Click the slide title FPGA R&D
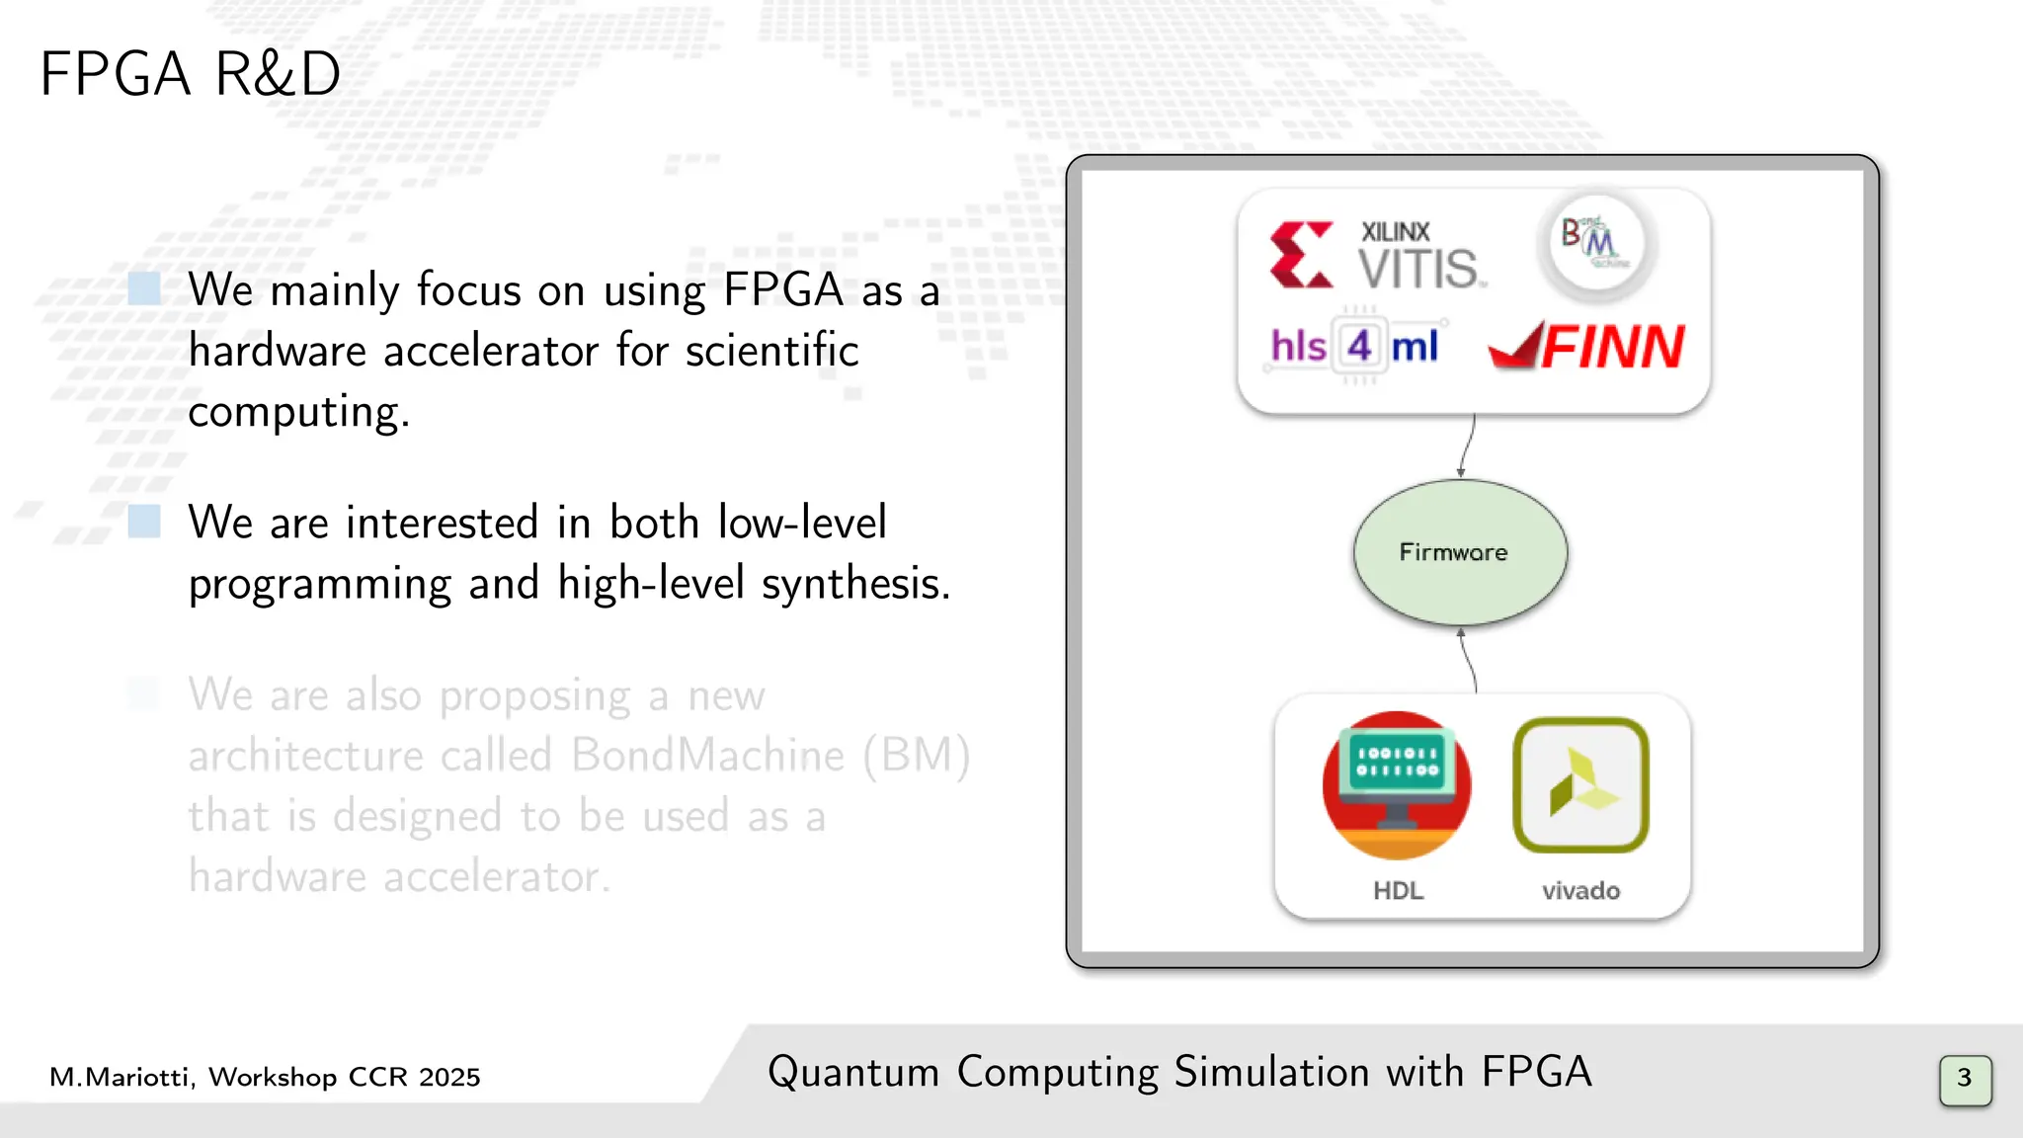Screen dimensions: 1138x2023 [x=190, y=74]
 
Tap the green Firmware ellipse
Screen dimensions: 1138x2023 [x=1459, y=552]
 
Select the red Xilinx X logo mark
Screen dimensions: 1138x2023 [x=1301, y=255]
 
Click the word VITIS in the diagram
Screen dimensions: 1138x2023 [x=1420, y=269]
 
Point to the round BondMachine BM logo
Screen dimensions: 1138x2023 [x=1595, y=242]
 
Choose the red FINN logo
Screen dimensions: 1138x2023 [x=1587, y=347]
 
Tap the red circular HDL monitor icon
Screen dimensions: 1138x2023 [x=1397, y=785]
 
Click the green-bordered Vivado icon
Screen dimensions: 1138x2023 [x=1580, y=785]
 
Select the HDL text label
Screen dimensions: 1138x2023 [x=1398, y=891]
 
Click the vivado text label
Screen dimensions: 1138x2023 [x=1580, y=891]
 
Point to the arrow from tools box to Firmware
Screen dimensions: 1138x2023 [x=1468, y=446]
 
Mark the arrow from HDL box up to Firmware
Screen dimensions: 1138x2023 [x=1469, y=661]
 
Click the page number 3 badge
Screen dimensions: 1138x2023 [x=1965, y=1080]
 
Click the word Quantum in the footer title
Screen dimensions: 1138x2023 [x=853, y=1073]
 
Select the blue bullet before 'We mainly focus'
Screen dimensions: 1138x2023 [x=144, y=289]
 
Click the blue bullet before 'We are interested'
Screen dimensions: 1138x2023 [x=144, y=522]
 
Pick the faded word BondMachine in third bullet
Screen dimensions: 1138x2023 [x=708, y=756]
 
